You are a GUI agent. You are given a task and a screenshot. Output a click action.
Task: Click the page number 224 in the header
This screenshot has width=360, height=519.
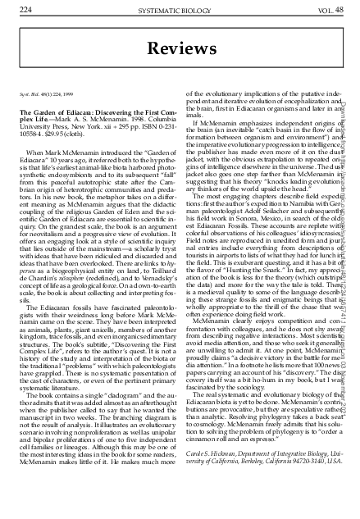[x=26, y=9]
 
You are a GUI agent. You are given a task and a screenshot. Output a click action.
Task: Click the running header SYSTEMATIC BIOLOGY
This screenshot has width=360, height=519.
[x=179, y=9]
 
